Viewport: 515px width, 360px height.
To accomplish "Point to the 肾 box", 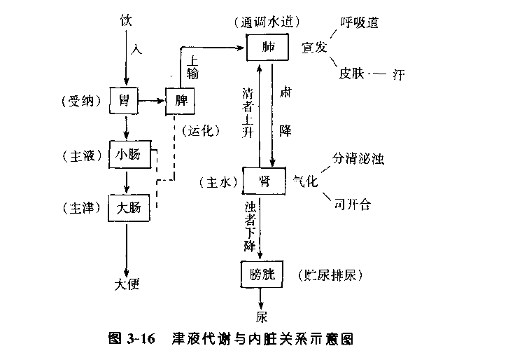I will click(x=265, y=181).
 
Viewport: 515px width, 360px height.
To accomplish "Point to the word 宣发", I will click(x=314, y=48).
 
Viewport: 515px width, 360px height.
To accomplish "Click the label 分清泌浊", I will click(x=360, y=158).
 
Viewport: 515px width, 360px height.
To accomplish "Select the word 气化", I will click(x=305, y=181).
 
